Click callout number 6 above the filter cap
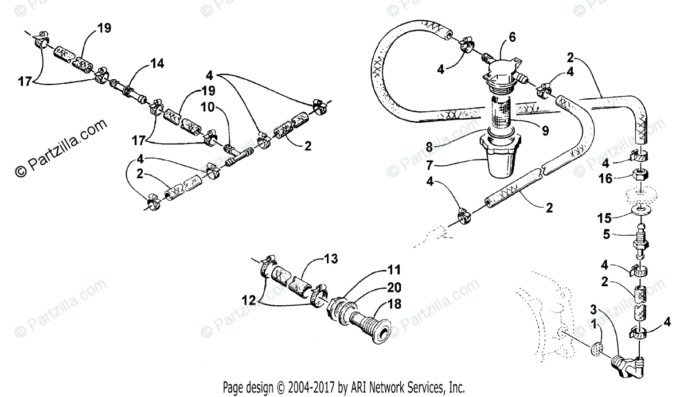(512, 37)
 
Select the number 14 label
(157, 64)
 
